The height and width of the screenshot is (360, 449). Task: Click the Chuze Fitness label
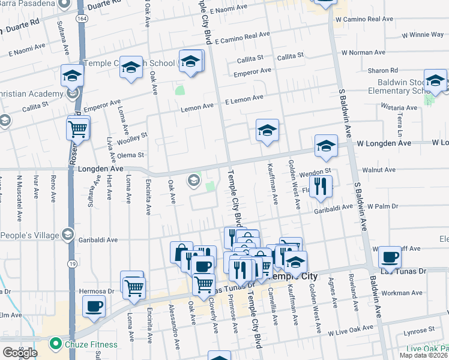click(x=81, y=344)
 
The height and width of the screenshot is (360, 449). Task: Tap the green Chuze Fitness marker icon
click(x=56, y=344)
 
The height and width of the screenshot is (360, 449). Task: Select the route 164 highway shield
click(x=80, y=19)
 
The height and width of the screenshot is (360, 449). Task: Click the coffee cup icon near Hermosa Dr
click(x=94, y=306)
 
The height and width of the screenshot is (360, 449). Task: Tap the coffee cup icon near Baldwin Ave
click(x=390, y=257)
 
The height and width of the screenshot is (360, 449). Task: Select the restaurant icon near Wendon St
click(x=323, y=186)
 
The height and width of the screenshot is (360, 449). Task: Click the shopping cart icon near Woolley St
click(x=78, y=128)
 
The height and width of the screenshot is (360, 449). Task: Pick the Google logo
click(x=19, y=352)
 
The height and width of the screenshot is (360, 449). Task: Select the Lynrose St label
click(x=419, y=330)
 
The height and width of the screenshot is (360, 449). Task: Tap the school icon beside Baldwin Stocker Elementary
click(x=435, y=80)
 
